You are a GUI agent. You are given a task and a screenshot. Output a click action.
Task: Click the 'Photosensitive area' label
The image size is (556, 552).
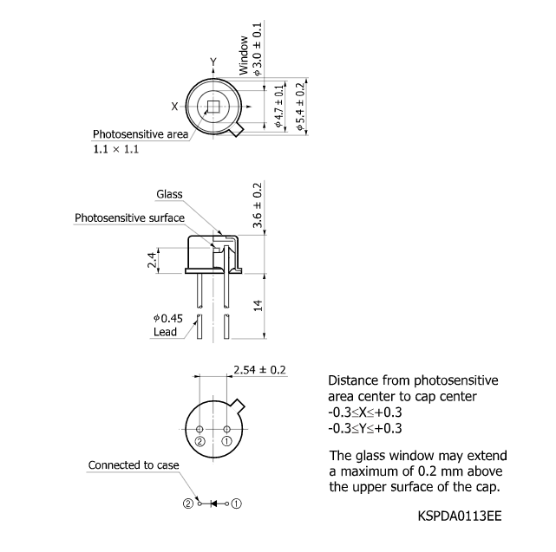tap(141, 134)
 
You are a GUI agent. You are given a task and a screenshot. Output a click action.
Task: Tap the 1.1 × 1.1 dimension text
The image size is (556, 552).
tap(116, 149)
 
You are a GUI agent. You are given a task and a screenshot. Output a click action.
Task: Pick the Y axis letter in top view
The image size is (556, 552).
tap(213, 62)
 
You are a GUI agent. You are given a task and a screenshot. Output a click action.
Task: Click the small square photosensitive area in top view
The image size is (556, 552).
tap(213, 107)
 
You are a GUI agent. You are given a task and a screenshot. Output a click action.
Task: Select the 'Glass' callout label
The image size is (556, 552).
tap(169, 194)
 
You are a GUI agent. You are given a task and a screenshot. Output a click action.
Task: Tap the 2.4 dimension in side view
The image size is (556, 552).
tap(153, 259)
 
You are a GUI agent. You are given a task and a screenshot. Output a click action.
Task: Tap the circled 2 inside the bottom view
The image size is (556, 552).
tap(200, 442)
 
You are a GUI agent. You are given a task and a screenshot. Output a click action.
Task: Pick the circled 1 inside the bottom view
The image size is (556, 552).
tap(228, 442)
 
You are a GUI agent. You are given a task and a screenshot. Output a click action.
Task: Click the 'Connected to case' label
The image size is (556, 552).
tap(134, 465)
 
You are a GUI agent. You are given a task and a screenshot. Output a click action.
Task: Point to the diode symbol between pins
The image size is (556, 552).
tap(213, 503)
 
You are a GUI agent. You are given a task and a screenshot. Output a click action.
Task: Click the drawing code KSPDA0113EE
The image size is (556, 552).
tap(459, 516)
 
